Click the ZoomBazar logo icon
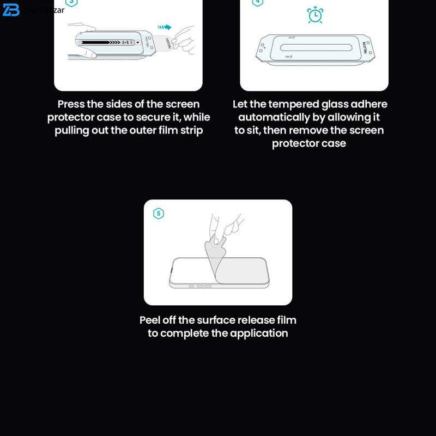pyautogui.click(x=10, y=10)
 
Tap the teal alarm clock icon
pyautogui.click(x=315, y=15)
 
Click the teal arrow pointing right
pyautogui.click(x=165, y=27)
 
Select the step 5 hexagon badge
pyautogui.click(x=159, y=214)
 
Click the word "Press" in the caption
pyautogui.click(x=71, y=104)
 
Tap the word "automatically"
pyautogui.click(x=274, y=118)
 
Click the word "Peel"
pyautogui.click(x=149, y=320)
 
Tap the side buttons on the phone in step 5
pyautogui.click(x=200, y=286)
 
